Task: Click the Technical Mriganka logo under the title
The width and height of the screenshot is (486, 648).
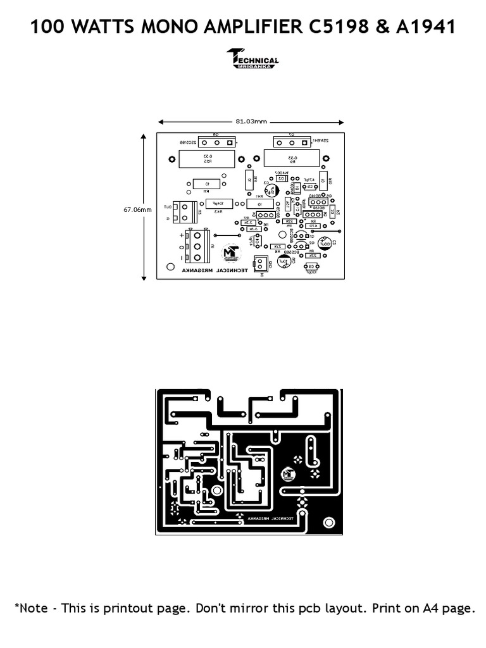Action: click(252, 58)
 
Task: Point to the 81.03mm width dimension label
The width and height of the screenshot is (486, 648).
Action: click(251, 121)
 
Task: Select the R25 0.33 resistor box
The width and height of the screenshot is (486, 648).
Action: click(207, 158)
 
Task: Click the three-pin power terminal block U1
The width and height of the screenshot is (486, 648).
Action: click(197, 246)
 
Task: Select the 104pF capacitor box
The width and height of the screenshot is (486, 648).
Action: click(219, 203)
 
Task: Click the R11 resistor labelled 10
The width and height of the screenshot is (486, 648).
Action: click(207, 184)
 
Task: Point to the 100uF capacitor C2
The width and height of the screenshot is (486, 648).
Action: click(325, 243)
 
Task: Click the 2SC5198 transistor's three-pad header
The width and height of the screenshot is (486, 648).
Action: click(215, 141)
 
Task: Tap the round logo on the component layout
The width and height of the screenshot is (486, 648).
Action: click(232, 254)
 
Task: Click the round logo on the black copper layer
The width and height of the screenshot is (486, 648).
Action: click(289, 473)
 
